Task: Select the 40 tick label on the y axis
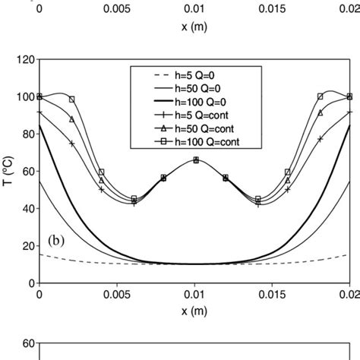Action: click(x=26, y=208)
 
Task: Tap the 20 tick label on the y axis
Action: click(x=26, y=245)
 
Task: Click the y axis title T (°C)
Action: click(x=8, y=170)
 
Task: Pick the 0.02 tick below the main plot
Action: click(x=349, y=293)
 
